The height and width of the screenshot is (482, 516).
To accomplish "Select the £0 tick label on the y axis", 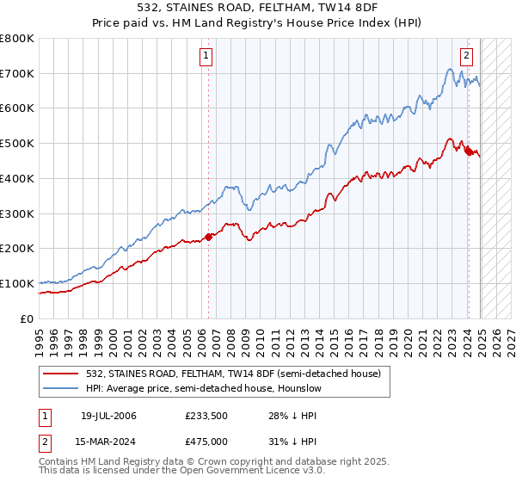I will [x=28, y=318].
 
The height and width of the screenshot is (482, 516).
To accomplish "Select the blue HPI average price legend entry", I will [x=203, y=388].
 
